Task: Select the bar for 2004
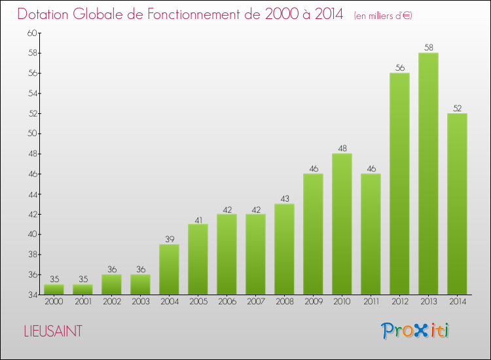pos(169,269)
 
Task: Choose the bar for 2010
pos(342,224)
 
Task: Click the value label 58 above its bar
pos(428,48)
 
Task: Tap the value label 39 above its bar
pos(169,240)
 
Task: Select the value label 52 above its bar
pos(457,108)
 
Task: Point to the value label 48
pos(342,149)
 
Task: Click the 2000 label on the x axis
pos(54,302)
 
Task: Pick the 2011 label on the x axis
pos(371,302)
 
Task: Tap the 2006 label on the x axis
pos(227,302)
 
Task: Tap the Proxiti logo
pos(416,331)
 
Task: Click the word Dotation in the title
pos(47,14)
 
